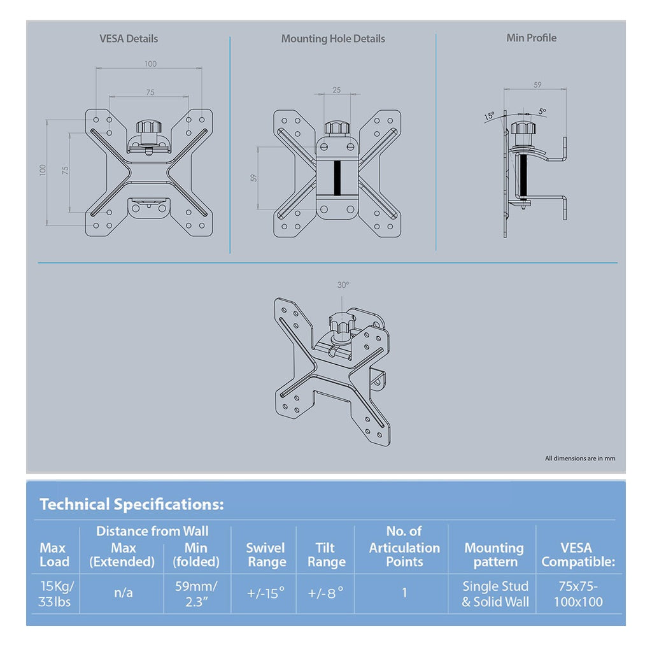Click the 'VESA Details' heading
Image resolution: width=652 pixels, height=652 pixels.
coord(129,38)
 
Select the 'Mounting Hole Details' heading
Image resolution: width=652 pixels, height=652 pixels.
coord(333,39)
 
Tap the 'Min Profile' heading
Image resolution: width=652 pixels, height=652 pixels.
coord(531,38)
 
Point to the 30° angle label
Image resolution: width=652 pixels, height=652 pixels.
coord(343,285)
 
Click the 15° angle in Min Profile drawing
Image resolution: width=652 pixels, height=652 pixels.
coord(489,117)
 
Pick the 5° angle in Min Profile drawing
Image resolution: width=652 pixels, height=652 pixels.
coord(542,111)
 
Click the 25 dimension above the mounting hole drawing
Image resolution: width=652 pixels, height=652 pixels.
coord(336,90)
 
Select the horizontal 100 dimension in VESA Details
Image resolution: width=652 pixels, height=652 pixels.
coord(150,64)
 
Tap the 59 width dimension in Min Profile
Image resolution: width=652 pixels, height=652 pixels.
coord(537,85)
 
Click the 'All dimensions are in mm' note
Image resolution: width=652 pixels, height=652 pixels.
coord(579,458)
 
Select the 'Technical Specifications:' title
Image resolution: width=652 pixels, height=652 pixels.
coord(132,504)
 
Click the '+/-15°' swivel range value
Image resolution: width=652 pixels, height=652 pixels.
coord(266,593)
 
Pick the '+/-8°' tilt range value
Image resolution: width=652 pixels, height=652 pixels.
coord(325,593)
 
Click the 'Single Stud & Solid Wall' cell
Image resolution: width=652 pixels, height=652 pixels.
coord(495,593)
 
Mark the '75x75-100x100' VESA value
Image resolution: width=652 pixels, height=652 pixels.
coord(578,593)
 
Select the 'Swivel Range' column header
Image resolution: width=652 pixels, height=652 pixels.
coord(266,555)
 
